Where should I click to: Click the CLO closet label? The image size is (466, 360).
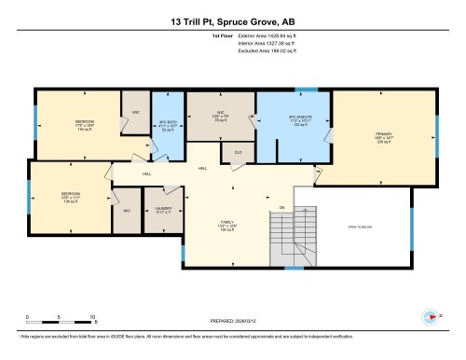click(239, 151)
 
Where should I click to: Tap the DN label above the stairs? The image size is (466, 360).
click(281, 207)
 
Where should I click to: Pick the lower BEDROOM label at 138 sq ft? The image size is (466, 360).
click(59, 199)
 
